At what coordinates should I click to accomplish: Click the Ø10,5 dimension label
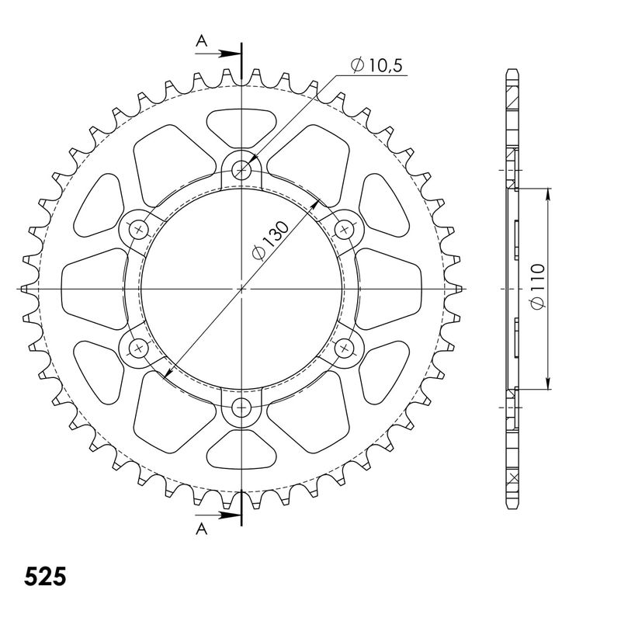376,67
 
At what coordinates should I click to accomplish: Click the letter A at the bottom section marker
201,529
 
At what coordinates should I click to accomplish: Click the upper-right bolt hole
345,229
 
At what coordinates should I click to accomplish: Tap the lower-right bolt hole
345,347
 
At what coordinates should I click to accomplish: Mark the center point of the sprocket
242,288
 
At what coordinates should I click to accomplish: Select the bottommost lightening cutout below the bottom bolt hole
242,451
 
